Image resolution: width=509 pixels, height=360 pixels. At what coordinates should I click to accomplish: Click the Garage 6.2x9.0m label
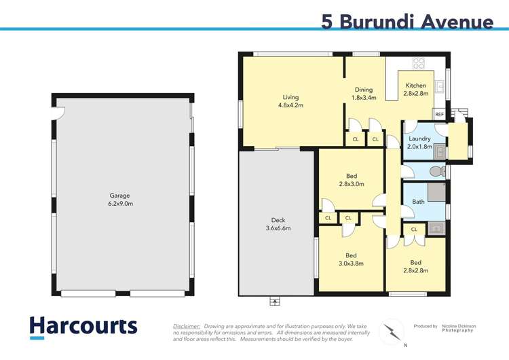click(x=120, y=199)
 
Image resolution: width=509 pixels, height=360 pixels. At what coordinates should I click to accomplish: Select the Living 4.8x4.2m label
click(x=290, y=101)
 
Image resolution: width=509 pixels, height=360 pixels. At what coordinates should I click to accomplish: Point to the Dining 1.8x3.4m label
click(x=364, y=93)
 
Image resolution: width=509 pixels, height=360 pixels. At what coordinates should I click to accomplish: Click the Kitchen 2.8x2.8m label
click(x=415, y=89)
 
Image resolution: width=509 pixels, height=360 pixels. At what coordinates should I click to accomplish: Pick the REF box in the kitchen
click(x=439, y=114)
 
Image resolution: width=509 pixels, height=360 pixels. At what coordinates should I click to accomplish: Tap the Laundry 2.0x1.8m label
click(x=419, y=143)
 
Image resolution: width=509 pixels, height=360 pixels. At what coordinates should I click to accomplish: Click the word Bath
click(x=418, y=202)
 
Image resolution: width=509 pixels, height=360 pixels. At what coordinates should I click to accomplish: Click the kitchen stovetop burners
click(x=418, y=63)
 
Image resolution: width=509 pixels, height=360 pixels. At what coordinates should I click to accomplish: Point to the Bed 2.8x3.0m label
click(x=352, y=180)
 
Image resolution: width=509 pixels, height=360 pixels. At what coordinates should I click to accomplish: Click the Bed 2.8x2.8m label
click(x=415, y=266)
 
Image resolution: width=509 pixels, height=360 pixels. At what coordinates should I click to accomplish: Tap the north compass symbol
click(x=392, y=331)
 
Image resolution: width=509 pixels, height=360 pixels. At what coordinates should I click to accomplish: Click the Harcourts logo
click(x=83, y=327)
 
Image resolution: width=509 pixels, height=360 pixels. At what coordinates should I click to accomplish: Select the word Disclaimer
click(x=187, y=326)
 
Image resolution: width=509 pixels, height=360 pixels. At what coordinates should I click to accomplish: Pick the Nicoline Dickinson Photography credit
click(x=459, y=328)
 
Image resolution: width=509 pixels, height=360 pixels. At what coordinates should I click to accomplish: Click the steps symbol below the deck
click(x=275, y=301)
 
